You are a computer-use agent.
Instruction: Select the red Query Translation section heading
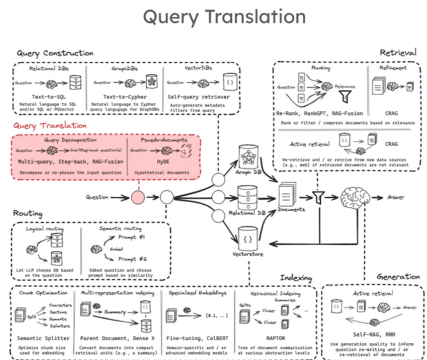[51, 125]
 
